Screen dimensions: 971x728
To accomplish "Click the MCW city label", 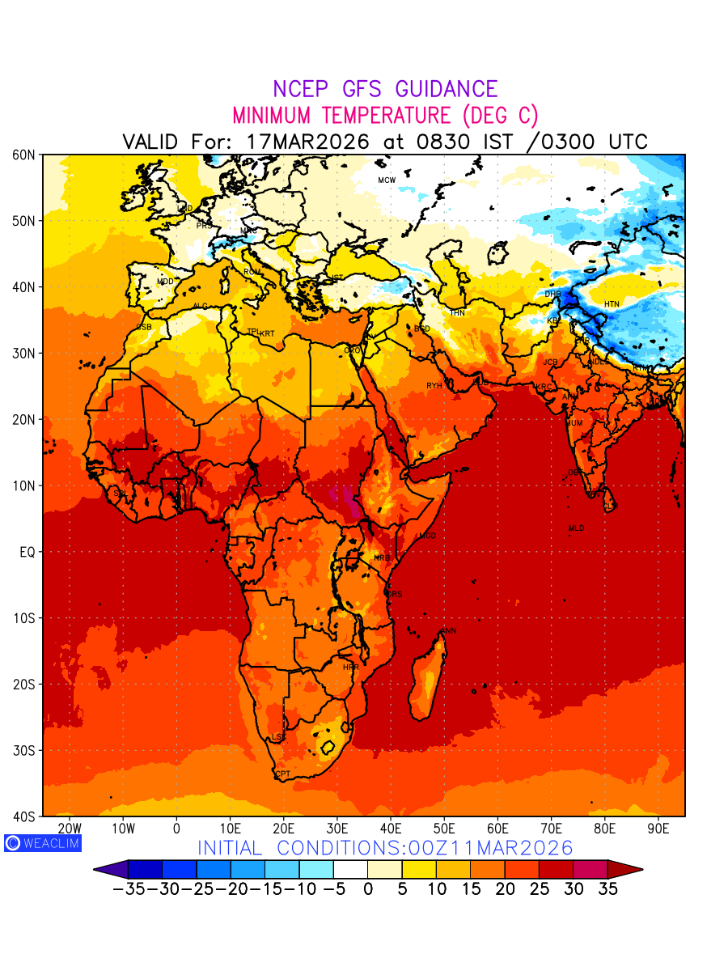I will pos(387,180).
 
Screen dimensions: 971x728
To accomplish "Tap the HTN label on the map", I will pos(612,304).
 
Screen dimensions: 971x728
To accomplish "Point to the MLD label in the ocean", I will pos(576,528).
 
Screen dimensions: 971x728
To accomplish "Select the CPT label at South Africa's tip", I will pos(282,774).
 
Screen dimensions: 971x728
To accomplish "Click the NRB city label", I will pos(381,558).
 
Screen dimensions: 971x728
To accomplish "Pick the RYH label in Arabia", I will pos(434,386).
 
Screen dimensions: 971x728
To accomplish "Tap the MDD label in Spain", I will pos(165,282).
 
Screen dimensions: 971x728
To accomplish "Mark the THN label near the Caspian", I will pos(457,313).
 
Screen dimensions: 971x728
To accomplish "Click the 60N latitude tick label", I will pos(23,155).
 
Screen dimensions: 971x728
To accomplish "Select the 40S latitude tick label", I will pos(23,816).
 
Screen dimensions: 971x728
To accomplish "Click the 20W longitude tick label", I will pos(70,829).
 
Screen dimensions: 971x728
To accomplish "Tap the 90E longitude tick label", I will pos(658,829).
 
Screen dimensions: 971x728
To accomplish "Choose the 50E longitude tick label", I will pos(444,829).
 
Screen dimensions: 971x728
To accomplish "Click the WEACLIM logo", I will pos(42,842).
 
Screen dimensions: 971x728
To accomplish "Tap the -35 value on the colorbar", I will pos(128,888).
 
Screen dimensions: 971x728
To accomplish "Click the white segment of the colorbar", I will pos(350,869).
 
